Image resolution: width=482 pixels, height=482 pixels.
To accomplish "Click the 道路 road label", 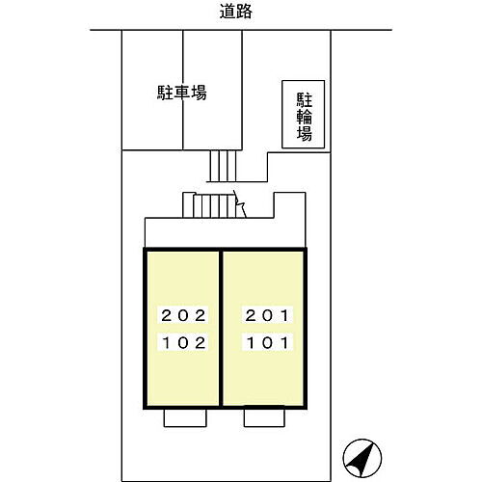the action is pos(235,12).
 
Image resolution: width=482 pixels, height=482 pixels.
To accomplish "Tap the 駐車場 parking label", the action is pos(181,93).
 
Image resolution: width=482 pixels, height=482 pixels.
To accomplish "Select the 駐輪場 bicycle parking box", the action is pos(303,114).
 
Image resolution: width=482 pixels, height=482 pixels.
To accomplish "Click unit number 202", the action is pos(183,315).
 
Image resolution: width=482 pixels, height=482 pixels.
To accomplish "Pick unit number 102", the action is pos(183,343).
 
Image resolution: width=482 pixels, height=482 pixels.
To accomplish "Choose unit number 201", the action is pos(267,315).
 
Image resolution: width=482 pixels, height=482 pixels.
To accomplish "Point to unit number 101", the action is pos(267,343).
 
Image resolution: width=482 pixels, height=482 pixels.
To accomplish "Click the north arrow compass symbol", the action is pos(362,458).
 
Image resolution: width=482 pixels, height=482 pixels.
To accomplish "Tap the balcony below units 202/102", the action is pos(185,417).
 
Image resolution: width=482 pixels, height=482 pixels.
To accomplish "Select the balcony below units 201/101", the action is pos(264,416).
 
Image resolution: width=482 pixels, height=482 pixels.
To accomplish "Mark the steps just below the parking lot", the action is pos(223,166).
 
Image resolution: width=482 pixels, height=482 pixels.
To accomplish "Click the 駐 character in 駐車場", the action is pos(165,93).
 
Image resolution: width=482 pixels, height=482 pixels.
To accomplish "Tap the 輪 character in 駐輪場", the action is pos(304,117).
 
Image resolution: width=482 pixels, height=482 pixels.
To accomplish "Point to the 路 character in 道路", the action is pos(244,12).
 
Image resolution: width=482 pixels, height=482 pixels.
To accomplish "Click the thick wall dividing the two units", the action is pos(221,329).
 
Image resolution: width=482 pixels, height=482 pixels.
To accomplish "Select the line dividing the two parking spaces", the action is pos(183,90).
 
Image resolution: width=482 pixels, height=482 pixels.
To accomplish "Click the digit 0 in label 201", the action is pos(267,315).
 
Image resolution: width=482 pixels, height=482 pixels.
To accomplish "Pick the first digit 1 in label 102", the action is pos(167,343).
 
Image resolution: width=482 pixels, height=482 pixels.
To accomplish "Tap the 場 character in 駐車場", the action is pos(199,93).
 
